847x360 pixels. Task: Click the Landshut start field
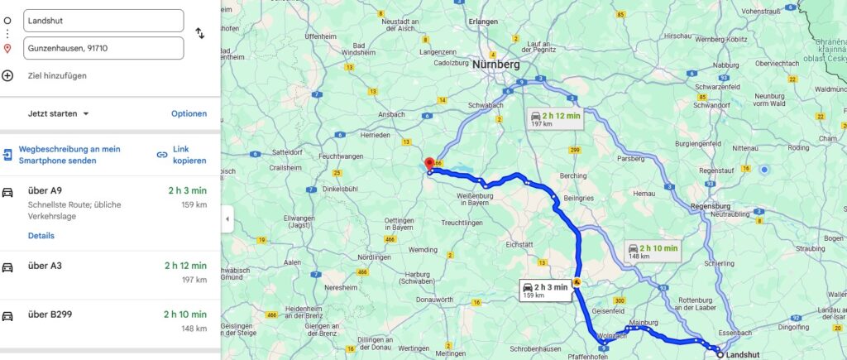coord(103,20)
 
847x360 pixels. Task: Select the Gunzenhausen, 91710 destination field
coord(103,48)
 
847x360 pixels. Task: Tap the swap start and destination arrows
coord(199,33)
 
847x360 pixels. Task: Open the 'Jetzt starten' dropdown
coord(59,113)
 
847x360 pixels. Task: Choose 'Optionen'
coord(189,113)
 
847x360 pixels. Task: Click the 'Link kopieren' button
coord(182,155)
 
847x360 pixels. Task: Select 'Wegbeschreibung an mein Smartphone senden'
coord(69,155)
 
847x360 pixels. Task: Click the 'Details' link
coord(41,236)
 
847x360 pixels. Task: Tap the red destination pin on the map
coord(428,165)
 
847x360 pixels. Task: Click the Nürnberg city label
coord(495,64)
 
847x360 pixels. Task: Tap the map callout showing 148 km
coord(653,251)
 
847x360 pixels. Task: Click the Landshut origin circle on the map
coord(720,354)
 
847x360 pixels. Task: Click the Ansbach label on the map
coord(392,113)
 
